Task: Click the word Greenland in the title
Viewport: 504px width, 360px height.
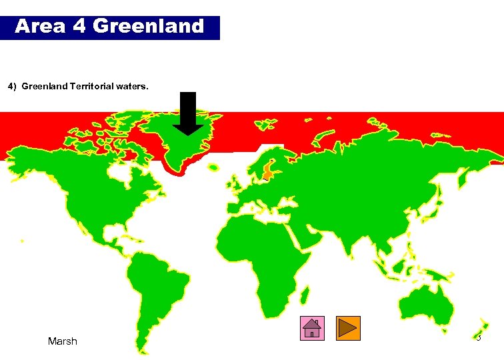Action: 149,26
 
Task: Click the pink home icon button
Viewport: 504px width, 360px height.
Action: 312,328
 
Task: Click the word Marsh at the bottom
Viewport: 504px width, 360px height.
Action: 63,341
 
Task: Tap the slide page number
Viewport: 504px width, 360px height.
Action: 478,338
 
